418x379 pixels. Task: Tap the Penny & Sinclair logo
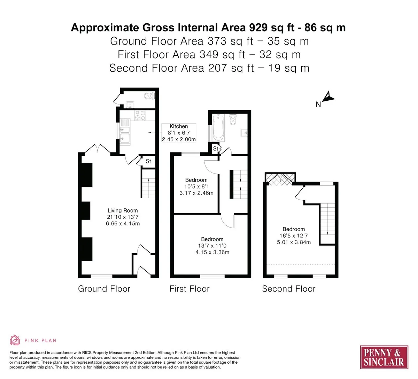(x=384, y=357)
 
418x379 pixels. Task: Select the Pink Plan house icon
(x=15, y=340)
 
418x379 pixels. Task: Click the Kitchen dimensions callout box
(x=179, y=133)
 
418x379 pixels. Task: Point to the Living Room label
(x=123, y=210)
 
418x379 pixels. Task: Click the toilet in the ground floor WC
(x=149, y=96)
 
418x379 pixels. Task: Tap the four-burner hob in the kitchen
(x=140, y=115)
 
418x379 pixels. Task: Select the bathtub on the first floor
(x=218, y=127)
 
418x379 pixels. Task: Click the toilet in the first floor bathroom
(x=233, y=119)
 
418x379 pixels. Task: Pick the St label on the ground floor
(x=148, y=161)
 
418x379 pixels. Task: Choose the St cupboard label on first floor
(x=216, y=149)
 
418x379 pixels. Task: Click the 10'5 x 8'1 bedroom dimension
(x=196, y=186)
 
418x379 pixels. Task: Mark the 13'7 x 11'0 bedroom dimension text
(x=212, y=246)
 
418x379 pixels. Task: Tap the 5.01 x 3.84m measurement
(x=294, y=242)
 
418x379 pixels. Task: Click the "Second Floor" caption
(x=289, y=289)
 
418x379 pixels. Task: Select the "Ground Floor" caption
(x=104, y=289)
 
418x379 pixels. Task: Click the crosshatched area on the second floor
(x=280, y=179)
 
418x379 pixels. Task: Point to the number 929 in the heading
(x=258, y=28)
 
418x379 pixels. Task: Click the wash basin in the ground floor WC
(x=130, y=105)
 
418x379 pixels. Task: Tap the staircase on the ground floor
(x=148, y=184)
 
